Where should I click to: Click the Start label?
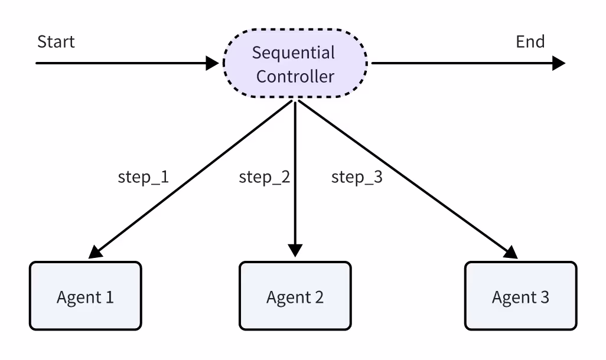tap(56, 42)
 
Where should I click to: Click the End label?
tap(530, 42)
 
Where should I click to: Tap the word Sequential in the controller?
tap(293, 53)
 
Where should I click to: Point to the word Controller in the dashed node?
tap(295, 76)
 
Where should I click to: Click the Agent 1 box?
tap(85, 296)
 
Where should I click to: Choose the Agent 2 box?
tap(295, 296)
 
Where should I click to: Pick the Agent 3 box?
tap(520, 296)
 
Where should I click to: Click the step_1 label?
tap(144, 177)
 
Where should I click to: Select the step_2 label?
tap(265, 177)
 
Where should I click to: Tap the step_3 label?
tap(357, 177)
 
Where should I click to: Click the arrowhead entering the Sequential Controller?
tap(213, 63)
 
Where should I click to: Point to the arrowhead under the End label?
tap(559, 63)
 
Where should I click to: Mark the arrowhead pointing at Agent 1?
tap(95, 251)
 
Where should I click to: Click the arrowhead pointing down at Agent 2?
tap(295, 251)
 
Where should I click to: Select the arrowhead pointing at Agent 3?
tap(510, 252)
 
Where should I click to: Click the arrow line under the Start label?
tap(118, 63)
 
